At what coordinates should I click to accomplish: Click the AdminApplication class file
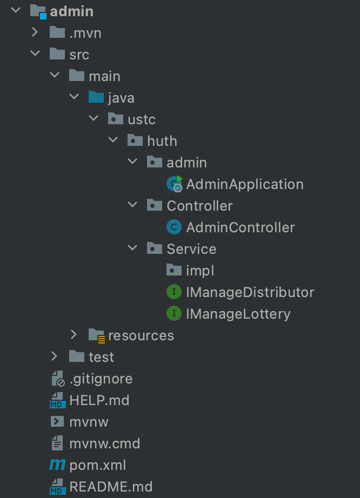point(244,184)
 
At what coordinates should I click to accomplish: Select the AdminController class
point(240,227)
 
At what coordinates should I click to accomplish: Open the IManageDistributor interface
point(250,292)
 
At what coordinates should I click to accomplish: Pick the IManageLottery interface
point(238,314)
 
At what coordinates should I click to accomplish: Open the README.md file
point(111,487)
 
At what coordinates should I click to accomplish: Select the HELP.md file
point(99,400)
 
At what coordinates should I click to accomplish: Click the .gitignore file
point(101,379)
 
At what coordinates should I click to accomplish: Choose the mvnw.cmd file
point(104,443)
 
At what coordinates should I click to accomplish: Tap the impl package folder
point(201,271)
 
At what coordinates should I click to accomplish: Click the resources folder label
point(141,335)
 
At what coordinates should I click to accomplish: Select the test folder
point(101,357)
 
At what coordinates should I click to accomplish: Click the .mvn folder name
point(85,33)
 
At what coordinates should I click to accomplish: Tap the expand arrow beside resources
point(74,335)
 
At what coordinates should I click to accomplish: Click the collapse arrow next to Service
point(132,248)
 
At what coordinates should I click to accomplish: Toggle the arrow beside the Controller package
point(132,205)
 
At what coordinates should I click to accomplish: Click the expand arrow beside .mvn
point(35,32)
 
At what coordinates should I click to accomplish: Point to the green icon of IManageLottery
point(174,314)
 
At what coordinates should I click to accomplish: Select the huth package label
point(162,141)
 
